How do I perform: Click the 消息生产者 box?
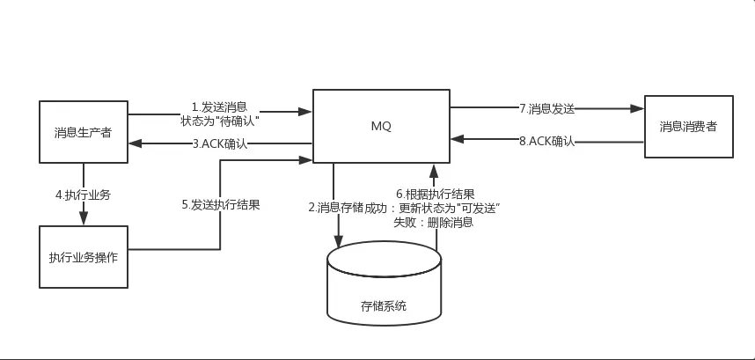pos(84,133)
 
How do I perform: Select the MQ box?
pos(381,126)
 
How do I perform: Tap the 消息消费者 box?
pos(688,126)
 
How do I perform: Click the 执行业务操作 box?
pos(84,257)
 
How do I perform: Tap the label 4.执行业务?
pos(83,194)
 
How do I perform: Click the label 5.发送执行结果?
pos(220,204)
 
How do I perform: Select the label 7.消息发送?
pos(546,108)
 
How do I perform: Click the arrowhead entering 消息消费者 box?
pos(638,109)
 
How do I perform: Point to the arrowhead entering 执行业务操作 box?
pos(84,219)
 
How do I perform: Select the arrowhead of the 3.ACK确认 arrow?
pos(134,143)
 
